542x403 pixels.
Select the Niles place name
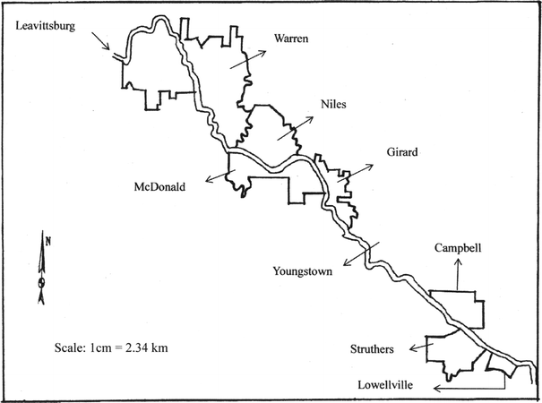coord(332,105)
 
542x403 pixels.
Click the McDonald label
coord(159,187)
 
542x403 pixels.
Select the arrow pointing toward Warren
coord(247,59)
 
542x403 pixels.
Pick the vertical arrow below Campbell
coord(458,273)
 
